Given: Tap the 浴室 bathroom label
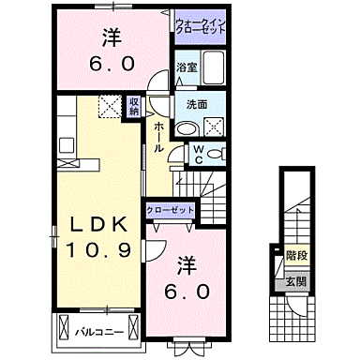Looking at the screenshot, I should (x=186, y=67).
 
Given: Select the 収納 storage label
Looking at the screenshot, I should (x=134, y=107).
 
